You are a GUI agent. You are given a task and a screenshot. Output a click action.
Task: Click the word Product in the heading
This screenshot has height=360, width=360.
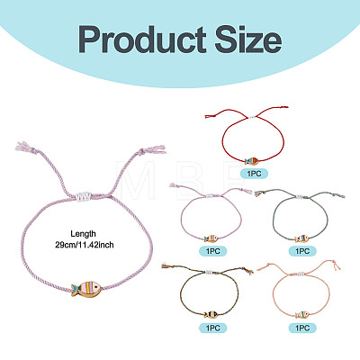pyautogui.click(x=142, y=40)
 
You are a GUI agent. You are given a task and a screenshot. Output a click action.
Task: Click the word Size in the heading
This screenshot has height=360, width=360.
pyautogui.click(x=248, y=39)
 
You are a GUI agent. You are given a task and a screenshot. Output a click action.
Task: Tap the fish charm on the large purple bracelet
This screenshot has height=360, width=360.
pyautogui.click(x=86, y=289)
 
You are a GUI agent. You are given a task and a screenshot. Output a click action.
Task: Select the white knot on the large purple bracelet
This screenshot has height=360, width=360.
pyautogui.click(x=83, y=197)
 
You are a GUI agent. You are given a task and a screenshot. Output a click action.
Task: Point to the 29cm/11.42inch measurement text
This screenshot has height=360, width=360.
pyautogui.click(x=85, y=245)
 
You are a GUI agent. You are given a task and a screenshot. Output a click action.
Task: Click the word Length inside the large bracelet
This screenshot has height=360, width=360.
pyautogui.click(x=83, y=234)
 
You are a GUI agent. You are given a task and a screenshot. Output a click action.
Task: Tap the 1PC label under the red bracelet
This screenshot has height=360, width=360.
pyautogui.click(x=255, y=174)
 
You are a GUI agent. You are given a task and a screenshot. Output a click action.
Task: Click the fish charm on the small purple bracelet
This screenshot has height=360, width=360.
pyautogui.click(x=211, y=238)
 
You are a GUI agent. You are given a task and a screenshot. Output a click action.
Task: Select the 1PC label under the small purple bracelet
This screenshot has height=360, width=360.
pyautogui.click(x=213, y=251)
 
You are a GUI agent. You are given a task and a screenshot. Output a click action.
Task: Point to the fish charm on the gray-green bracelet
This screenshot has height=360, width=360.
pyautogui.click(x=301, y=238)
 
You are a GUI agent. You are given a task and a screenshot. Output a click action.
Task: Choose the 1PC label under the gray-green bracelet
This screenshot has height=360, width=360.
pyautogui.click(x=302, y=251)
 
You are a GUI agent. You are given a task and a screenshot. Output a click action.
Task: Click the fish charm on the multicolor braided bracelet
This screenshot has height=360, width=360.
pyautogui.click(x=211, y=314)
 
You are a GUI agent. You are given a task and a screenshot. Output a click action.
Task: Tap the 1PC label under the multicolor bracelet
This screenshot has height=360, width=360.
pyautogui.click(x=213, y=328)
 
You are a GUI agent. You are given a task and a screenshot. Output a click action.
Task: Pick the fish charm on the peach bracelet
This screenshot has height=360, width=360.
pyautogui.click(x=301, y=314)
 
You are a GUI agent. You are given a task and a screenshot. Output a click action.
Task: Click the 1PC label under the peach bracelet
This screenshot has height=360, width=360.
pyautogui.click(x=302, y=328)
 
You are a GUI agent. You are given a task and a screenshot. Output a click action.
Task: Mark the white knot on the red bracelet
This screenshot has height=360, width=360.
pyautogui.click(x=252, y=117)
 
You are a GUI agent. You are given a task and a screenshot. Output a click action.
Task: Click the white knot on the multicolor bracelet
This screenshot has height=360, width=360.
pyautogui.click(x=210, y=273)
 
